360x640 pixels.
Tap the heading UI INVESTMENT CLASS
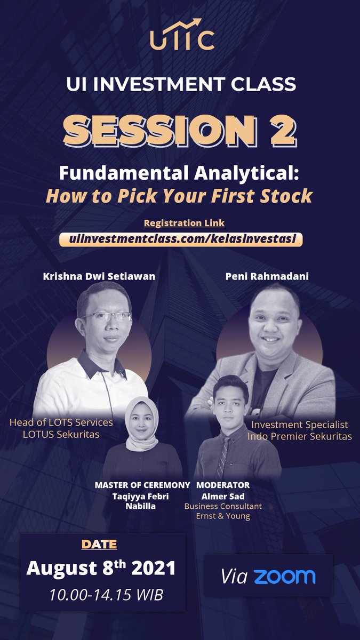click(x=180, y=84)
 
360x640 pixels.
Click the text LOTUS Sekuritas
click(x=61, y=434)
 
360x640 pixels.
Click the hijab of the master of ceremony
click(x=141, y=427)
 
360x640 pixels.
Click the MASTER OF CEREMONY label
click(x=142, y=485)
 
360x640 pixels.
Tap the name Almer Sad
click(x=223, y=496)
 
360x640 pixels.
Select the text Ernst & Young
click(x=223, y=516)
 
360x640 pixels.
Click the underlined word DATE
click(x=99, y=545)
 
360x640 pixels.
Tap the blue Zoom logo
click(x=284, y=576)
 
